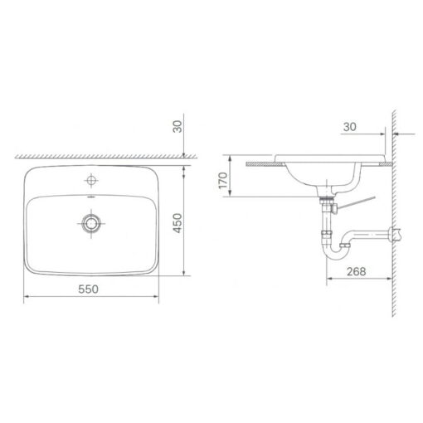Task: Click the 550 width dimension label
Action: (88, 289)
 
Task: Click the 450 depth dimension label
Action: (177, 223)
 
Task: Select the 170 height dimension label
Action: (223, 180)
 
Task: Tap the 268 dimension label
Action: (357, 271)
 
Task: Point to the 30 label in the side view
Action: (350, 127)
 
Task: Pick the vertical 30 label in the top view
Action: (177, 126)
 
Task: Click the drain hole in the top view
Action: (91, 223)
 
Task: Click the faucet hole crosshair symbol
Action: (91, 180)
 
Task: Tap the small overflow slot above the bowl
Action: (91, 197)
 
